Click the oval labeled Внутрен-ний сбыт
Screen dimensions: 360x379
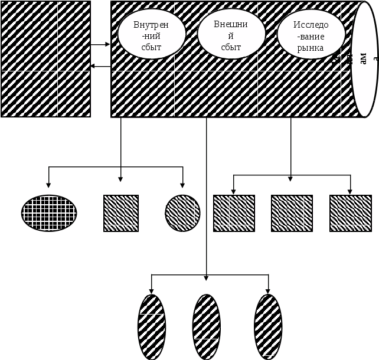click(152, 34)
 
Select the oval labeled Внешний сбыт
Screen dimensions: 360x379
click(231, 33)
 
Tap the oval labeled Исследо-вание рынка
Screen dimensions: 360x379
click(311, 34)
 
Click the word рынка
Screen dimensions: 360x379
click(311, 48)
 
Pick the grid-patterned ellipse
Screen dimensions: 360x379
click(49, 212)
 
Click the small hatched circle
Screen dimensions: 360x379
click(182, 213)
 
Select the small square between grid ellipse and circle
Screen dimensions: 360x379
click(121, 213)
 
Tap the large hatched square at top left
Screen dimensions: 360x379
click(46, 59)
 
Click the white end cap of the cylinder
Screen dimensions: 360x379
click(364, 59)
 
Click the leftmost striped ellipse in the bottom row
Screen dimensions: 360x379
click(151, 326)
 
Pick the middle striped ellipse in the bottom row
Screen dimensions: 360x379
click(207, 326)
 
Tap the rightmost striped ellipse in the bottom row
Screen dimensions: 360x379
click(268, 326)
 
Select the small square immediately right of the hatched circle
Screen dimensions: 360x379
click(234, 213)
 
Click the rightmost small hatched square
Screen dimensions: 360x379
click(351, 213)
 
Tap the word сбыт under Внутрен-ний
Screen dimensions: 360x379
click(152, 47)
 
